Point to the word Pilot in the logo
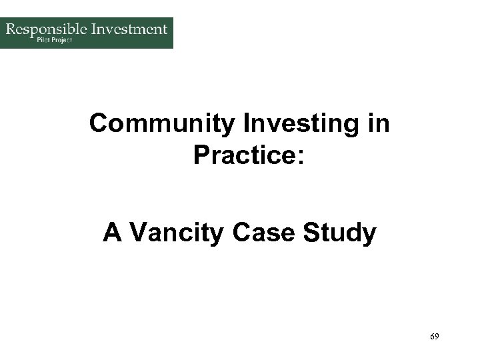(x=43, y=40)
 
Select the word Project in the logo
(x=63, y=40)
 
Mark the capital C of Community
(x=99, y=125)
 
